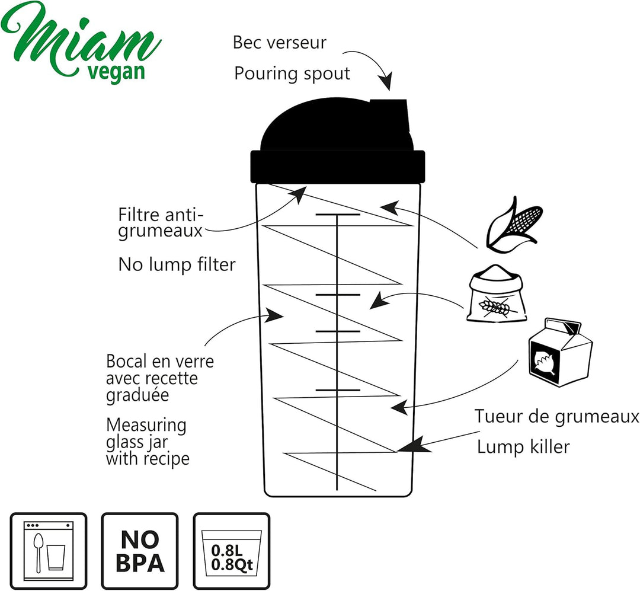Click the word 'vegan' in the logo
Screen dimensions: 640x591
(116, 72)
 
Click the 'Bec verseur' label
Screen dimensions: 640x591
(280, 43)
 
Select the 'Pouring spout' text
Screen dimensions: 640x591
(292, 74)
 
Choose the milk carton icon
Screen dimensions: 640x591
(560, 352)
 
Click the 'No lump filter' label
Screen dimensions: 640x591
(177, 264)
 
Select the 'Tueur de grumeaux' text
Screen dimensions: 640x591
(556, 417)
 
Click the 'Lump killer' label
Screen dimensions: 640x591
(523, 447)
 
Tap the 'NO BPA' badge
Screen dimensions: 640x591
(140, 551)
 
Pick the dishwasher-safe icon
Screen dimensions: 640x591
(49, 551)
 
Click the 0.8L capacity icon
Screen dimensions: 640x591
(232, 551)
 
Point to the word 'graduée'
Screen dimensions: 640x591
(137, 395)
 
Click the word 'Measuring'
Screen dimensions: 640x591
(146, 426)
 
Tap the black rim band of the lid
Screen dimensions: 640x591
(338, 166)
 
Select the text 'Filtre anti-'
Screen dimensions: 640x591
(161, 215)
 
